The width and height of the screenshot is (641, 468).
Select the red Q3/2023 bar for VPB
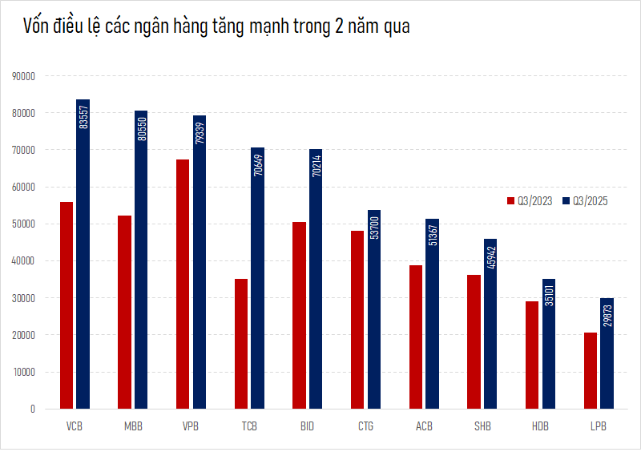(x=183, y=284)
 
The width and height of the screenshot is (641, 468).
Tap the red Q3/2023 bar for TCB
(x=241, y=344)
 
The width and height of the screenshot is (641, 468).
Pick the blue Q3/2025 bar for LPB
(x=607, y=353)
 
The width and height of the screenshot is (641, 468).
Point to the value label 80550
(x=142, y=127)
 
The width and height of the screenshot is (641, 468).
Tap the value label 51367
(x=433, y=235)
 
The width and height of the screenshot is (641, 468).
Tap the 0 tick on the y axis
(x=32, y=409)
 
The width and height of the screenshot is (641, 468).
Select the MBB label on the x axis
(x=133, y=426)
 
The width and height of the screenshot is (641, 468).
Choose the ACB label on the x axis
(x=425, y=426)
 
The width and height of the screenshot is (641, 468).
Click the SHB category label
(x=482, y=426)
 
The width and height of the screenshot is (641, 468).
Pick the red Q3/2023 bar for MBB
(x=124, y=312)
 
